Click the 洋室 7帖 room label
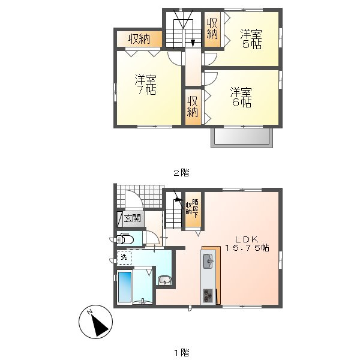(146, 85)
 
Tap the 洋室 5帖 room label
(251, 39)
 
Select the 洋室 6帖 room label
(241, 97)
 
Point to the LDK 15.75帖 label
(247, 244)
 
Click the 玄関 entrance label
(133, 218)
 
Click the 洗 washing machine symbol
(124, 257)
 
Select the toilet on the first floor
(125, 239)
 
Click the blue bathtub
(125, 286)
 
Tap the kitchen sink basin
(208, 261)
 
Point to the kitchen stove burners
(208, 296)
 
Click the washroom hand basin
(164, 280)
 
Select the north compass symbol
(96, 322)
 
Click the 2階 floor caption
(181, 173)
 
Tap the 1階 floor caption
(181, 352)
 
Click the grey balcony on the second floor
(242, 138)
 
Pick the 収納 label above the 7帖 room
(139, 39)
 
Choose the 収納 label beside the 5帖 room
(212, 29)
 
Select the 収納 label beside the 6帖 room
(192, 107)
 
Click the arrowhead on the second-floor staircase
(193, 43)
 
